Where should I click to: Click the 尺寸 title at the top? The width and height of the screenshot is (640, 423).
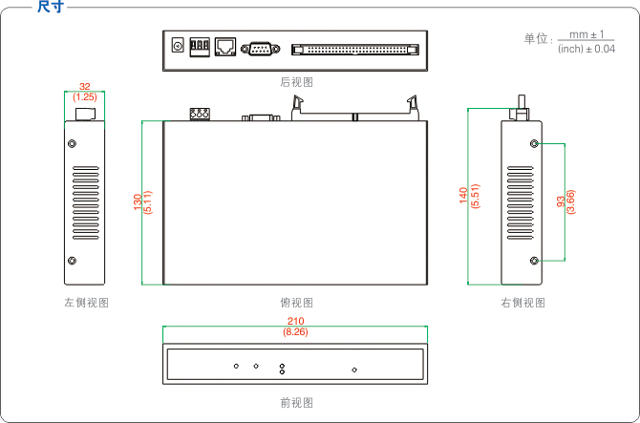click(x=50, y=8)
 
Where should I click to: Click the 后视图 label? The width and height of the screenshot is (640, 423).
click(x=296, y=82)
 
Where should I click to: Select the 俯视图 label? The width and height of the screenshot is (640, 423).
click(x=296, y=303)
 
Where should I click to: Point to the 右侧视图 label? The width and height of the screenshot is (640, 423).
click(x=523, y=303)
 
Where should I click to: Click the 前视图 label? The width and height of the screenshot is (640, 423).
click(x=296, y=403)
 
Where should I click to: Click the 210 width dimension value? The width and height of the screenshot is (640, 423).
click(x=295, y=321)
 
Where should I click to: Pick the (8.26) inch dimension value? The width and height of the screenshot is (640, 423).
click(x=295, y=332)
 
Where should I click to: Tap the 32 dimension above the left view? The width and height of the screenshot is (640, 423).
click(x=85, y=86)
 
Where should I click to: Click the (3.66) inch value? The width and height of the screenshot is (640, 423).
click(x=571, y=201)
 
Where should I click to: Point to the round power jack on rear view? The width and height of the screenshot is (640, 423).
click(x=177, y=45)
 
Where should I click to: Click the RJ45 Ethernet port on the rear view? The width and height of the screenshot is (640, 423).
click(x=225, y=46)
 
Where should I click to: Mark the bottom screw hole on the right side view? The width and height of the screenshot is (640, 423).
click(x=534, y=261)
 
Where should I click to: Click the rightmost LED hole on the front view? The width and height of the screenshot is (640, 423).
click(x=354, y=370)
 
